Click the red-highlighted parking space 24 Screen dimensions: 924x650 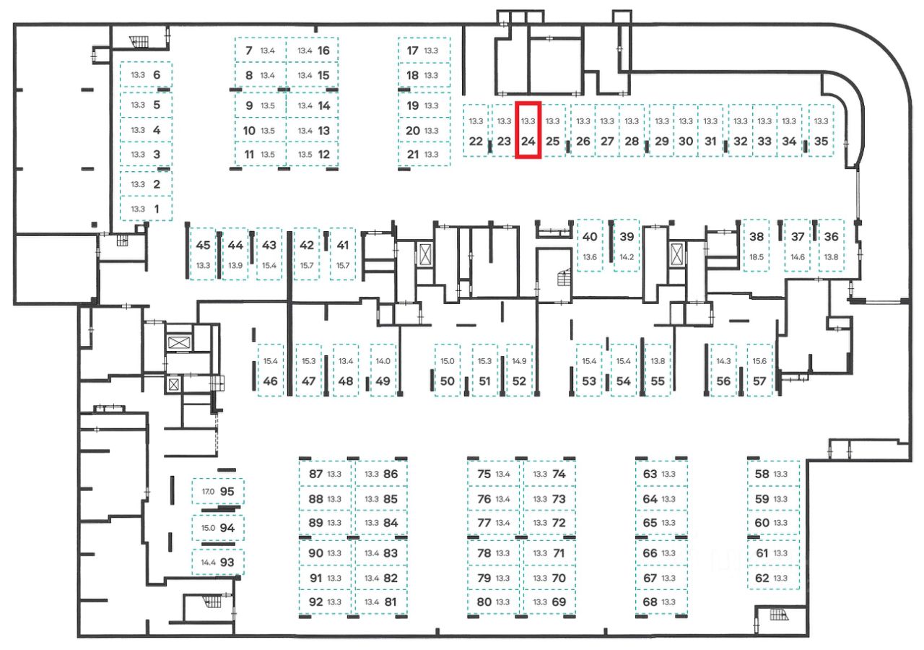coord(528,130)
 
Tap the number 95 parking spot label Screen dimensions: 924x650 coord(227,491)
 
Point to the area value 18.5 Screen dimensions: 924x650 coord(757,257)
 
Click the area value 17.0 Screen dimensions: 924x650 coord(208,492)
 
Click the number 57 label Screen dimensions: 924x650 coord(759,381)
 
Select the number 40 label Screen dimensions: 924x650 coord(590,237)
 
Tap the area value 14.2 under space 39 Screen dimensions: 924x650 coord(627,257)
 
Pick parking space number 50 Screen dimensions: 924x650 coord(447,381)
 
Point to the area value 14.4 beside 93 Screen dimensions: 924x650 coord(208,563)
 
